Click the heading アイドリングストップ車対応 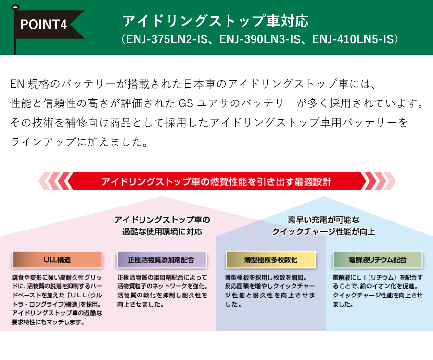pyautogui.click(x=216, y=21)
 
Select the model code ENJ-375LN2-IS pyautogui.click(x=167, y=39)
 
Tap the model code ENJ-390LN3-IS pyautogui.click(x=260, y=39)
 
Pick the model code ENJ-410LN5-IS pyautogui.click(x=353, y=39)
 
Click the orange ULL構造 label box pyautogui.click(x=57, y=260)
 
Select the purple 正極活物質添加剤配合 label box pyautogui.click(x=162, y=260)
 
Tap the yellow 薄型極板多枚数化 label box pyautogui.click(x=270, y=260)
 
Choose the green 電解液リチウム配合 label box pyautogui.click(x=378, y=260)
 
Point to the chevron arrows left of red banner pyautogui.click(x=55, y=181)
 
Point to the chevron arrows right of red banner pyautogui.click(x=379, y=181)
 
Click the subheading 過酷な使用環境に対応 pyautogui.click(x=162, y=231)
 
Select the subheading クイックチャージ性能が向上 pyautogui.click(x=324, y=231)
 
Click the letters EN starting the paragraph pyautogui.click(x=17, y=84)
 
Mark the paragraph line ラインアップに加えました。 pyautogui.click(x=79, y=142)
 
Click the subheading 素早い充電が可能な pyautogui.click(x=324, y=220)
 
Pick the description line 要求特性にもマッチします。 pyautogui.click(x=48, y=322)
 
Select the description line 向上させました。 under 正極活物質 pyautogui.click(x=141, y=305)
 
